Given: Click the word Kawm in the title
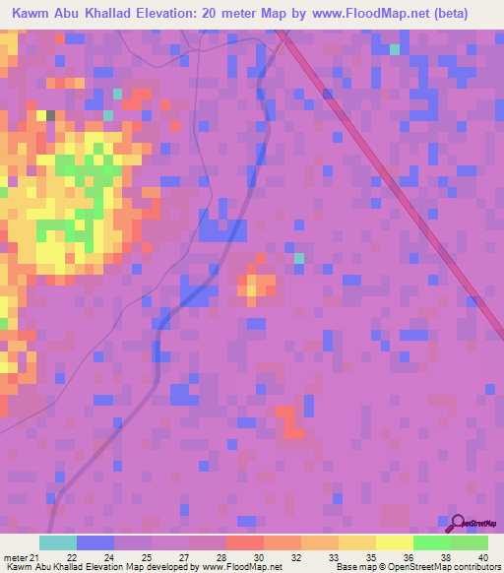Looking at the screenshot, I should (31, 14).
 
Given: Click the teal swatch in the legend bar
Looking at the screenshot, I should (58, 542).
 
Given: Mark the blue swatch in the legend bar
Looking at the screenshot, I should (95, 542).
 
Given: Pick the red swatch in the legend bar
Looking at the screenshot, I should (244, 542).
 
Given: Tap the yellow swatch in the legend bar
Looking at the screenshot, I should (394, 542).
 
